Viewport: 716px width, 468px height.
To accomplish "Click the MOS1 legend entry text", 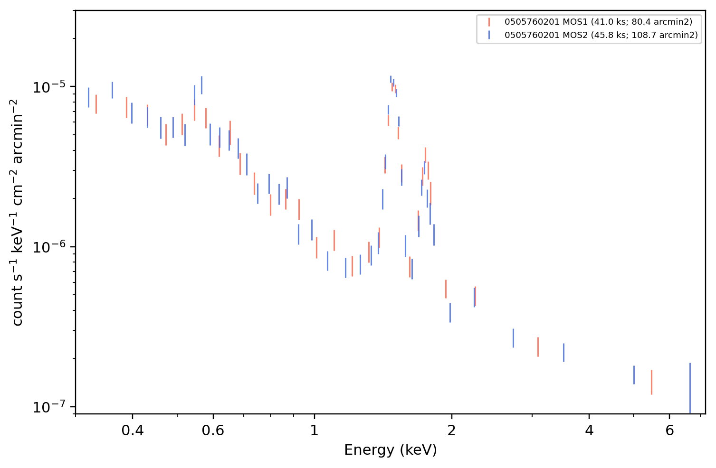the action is click(598, 22).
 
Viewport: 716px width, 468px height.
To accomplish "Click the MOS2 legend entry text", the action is click(601, 35).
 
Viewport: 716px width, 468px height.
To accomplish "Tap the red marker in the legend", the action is click(489, 22).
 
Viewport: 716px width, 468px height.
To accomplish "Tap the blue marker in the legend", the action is click(489, 35).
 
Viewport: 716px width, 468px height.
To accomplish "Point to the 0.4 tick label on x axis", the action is click(133, 431).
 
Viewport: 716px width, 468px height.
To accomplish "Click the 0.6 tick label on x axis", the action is click(213, 431).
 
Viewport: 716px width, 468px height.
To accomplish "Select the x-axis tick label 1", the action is click(315, 431).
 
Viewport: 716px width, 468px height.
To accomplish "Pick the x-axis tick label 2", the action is click(451, 431).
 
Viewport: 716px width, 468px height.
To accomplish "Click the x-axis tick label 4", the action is click(589, 431).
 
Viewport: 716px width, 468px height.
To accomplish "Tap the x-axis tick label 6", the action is click(669, 431).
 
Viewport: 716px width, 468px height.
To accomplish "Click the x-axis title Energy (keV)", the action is click(390, 450).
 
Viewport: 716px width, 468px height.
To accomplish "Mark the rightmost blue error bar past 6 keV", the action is click(690, 388).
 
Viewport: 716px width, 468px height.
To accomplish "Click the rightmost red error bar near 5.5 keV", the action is click(651, 383).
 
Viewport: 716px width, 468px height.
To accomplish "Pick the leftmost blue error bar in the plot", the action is click(88, 97).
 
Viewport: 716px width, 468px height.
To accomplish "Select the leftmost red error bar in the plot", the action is click(96, 104).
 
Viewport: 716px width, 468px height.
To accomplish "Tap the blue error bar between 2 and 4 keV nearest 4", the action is click(563, 353).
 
